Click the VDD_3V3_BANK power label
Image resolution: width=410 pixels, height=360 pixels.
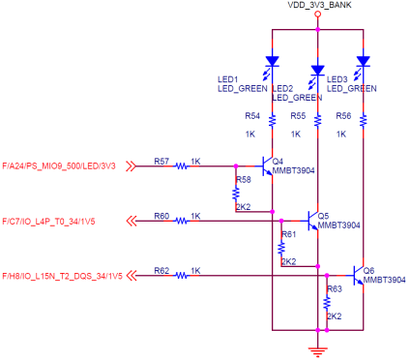coord(318,7)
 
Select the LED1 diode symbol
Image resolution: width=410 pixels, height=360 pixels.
coord(272,62)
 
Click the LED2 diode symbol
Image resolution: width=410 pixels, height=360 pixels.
coord(317,71)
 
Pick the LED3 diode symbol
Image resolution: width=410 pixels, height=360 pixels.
coord(363,62)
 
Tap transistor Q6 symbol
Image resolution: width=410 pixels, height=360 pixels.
coord(358,276)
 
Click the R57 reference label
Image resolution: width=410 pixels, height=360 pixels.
coord(161,160)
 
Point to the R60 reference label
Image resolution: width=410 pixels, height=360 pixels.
coord(161,215)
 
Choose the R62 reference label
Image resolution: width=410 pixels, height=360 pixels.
coord(161,270)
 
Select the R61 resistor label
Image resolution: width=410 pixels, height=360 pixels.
coord(288,235)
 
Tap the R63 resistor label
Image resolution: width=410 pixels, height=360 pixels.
coord(335,289)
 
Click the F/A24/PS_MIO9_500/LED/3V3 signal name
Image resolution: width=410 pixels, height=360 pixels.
coord(60,165)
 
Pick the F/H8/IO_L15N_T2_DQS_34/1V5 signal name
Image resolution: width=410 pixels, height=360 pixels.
coord(63,276)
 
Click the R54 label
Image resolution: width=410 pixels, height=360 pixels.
coord(251,114)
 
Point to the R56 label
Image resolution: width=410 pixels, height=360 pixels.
coord(343,114)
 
